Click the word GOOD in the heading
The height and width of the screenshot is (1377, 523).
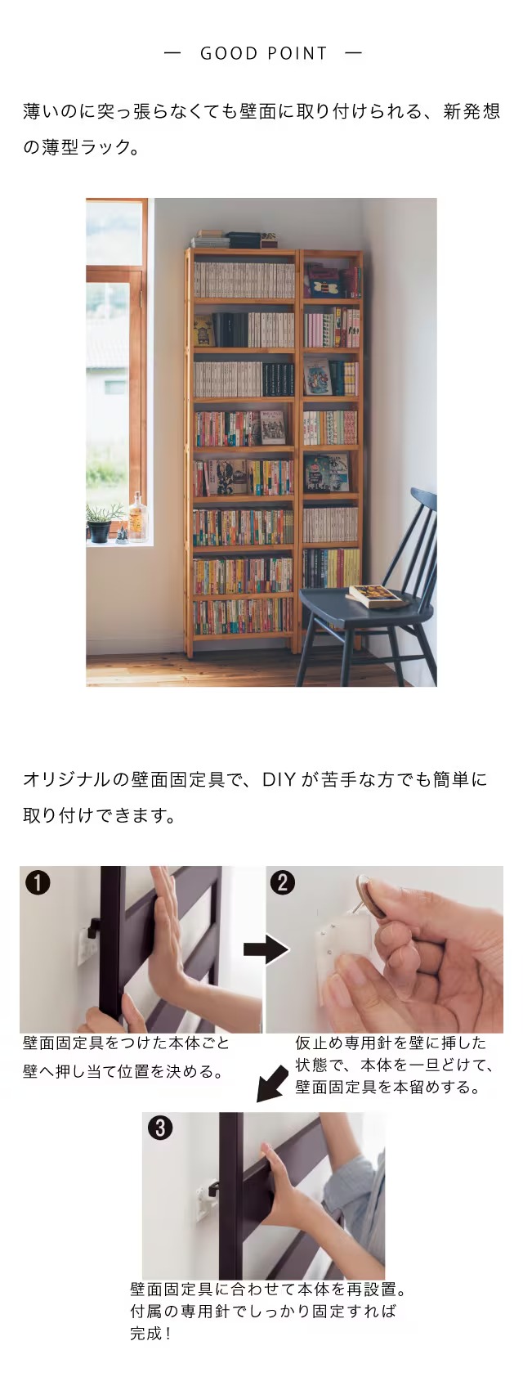pyautogui.click(x=229, y=53)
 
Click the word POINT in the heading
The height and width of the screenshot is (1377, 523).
pyautogui.click(x=297, y=53)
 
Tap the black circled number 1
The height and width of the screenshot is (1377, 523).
pyautogui.click(x=38, y=883)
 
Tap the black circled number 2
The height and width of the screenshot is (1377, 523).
pyautogui.click(x=283, y=882)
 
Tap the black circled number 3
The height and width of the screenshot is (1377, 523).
pyautogui.click(x=160, y=1128)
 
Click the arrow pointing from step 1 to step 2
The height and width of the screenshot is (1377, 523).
pyautogui.click(x=266, y=949)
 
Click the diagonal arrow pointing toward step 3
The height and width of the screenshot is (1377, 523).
pyautogui.click(x=271, y=1084)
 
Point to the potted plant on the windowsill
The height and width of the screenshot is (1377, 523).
pyautogui.click(x=101, y=523)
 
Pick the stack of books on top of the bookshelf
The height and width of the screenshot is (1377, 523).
pyautogui.click(x=235, y=239)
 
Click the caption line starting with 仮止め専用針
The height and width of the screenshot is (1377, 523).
pyautogui.click(x=391, y=1043)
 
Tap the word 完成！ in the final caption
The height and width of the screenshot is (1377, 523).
pyautogui.click(x=150, y=1334)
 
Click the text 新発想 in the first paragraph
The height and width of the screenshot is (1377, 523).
pyautogui.click(x=472, y=111)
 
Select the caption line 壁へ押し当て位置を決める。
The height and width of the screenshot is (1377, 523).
pyautogui.click(x=123, y=1071)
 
